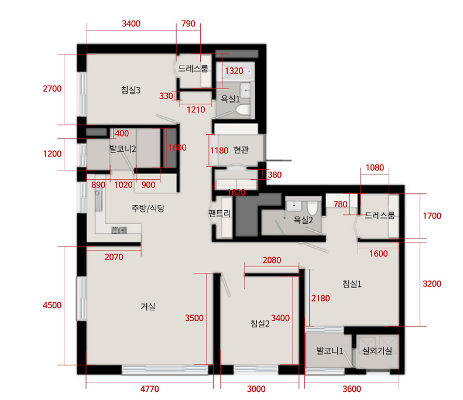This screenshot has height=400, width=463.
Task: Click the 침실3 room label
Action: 131,90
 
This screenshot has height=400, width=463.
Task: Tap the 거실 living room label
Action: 148,306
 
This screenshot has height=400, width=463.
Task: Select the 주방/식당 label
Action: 148,208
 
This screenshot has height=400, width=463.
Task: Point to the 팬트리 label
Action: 220,213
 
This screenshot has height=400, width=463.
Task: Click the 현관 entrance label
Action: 241,150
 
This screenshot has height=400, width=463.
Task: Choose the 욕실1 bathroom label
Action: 230,99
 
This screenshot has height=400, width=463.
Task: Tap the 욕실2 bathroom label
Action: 303,220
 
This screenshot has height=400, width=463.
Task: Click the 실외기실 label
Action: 377,351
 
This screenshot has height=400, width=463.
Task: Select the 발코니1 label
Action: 330,351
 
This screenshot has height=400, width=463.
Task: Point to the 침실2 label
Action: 260,323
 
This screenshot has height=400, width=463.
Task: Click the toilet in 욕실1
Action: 243,110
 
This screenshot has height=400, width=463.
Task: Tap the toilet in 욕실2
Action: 312,208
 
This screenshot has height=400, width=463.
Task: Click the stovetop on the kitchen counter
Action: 119,230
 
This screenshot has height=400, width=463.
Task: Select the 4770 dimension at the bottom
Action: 149,389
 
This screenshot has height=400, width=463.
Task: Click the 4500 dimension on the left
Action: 52,305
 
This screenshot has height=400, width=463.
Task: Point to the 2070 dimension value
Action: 114,257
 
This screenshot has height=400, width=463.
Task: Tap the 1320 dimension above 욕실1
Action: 234,71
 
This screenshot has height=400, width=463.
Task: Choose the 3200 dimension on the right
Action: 432,284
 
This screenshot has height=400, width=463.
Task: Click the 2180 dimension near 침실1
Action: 320,298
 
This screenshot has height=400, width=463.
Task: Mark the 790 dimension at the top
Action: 188,23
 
